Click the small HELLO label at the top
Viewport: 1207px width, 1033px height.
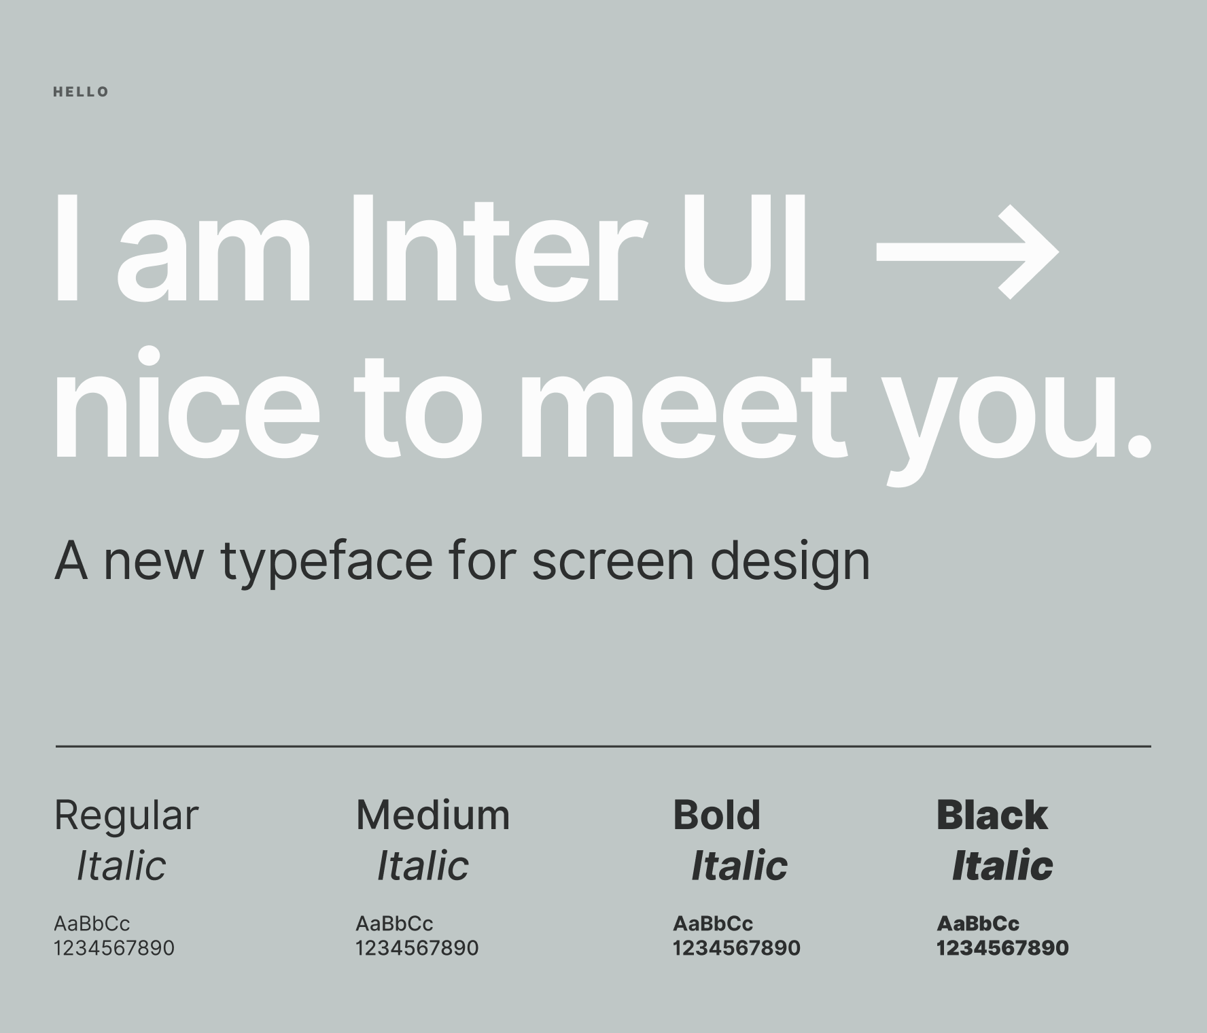point(81,92)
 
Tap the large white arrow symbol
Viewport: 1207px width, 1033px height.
point(967,251)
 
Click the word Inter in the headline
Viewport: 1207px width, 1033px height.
point(495,247)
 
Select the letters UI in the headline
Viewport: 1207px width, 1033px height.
point(744,247)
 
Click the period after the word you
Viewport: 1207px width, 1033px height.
point(1139,445)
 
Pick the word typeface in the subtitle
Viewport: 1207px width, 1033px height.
point(326,562)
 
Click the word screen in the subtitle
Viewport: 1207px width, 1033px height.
point(612,562)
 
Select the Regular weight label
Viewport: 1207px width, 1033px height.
point(126,815)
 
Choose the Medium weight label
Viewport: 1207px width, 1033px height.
point(433,815)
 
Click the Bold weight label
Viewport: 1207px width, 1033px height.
point(717,815)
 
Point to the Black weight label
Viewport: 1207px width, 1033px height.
point(992,815)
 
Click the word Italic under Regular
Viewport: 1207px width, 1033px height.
point(121,866)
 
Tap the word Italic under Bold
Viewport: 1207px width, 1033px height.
point(739,866)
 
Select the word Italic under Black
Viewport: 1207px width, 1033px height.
point(1002,866)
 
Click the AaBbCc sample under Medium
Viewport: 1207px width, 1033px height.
point(394,924)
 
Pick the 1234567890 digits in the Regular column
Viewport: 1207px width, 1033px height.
point(114,948)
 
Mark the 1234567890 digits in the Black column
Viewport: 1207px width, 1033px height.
point(1002,948)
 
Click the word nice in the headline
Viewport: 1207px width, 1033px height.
point(187,404)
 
